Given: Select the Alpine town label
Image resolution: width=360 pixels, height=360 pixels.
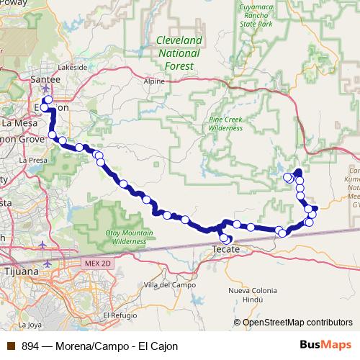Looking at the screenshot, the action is pyautogui.click(x=154, y=82).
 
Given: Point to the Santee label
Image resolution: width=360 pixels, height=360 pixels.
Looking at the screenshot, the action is pyautogui.click(x=47, y=78).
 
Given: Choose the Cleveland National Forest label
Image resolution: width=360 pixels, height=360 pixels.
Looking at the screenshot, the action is pyautogui.click(x=179, y=53).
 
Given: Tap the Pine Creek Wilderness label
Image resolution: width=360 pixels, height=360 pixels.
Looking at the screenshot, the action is pyautogui.click(x=225, y=123).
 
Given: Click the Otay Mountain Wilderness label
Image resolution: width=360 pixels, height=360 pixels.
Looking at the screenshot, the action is pyautogui.click(x=129, y=238).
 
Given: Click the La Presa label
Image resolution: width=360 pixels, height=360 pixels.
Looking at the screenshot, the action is pyautogui.click(x=33, y=160).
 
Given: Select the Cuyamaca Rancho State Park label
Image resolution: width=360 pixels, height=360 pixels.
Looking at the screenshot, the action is pyautogui.click(x=256, y=16).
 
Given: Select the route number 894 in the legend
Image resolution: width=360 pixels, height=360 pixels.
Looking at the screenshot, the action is pyautogui.click(x=30, y=346).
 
